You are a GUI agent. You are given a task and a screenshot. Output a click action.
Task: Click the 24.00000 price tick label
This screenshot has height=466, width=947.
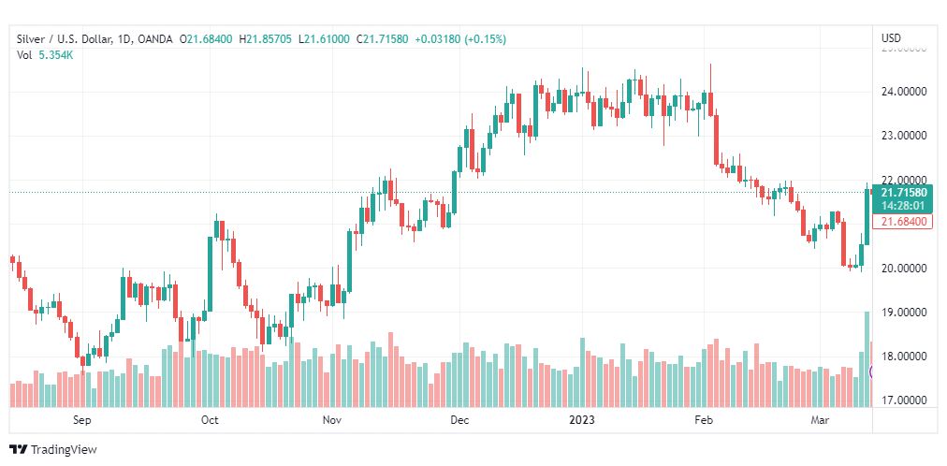[902, 92]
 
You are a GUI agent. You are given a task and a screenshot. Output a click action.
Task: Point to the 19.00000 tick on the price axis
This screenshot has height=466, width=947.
[902, 312]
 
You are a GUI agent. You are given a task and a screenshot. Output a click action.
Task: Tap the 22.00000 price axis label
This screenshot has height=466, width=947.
[902, 180]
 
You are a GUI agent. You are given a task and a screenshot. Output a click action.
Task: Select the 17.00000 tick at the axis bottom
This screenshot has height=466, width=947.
[902, 400]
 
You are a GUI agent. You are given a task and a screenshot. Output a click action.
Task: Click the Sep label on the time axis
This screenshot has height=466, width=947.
[82, 420]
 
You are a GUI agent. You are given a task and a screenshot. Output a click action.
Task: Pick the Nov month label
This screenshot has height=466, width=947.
[331, 420]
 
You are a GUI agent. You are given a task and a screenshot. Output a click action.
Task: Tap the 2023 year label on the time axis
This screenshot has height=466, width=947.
[582, 420]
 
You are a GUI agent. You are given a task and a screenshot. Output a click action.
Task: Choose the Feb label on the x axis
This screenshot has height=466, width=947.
[704, 420]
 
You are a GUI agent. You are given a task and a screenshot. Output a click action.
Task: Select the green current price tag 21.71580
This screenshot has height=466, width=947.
[901, 192]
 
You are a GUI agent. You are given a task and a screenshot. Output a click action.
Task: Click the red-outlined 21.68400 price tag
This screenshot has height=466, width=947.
[901, 222]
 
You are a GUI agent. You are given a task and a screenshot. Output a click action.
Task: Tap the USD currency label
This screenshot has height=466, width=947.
[891, 37]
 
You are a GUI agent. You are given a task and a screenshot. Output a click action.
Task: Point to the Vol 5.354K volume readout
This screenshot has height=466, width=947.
[45, 54]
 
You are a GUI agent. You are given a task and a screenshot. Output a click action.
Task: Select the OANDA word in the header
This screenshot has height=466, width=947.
[156, 38]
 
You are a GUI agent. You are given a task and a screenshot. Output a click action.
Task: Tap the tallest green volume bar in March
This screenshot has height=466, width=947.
[867, 359]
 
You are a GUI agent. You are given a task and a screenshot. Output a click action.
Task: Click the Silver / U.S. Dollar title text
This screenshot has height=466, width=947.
[62, 38]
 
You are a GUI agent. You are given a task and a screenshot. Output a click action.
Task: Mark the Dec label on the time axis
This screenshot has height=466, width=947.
[459, 420]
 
